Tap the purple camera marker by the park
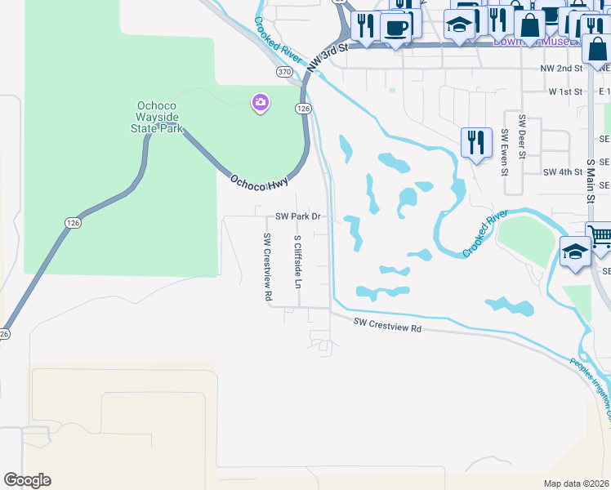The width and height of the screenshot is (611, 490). [261, 102]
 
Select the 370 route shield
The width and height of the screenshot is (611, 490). [284, 72]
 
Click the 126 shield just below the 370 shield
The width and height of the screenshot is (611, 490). [303, 108]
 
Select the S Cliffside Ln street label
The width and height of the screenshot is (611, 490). [298, 262]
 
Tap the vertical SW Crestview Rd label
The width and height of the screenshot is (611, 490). [267, 267]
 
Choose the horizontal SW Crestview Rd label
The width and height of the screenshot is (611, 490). [388, 325]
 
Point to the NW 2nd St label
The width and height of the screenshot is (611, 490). [561, 69]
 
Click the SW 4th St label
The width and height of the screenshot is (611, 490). [563, 172]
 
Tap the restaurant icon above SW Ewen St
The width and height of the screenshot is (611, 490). [475, 142]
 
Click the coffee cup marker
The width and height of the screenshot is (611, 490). [396, 28]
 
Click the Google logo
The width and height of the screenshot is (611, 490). [27, 480]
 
